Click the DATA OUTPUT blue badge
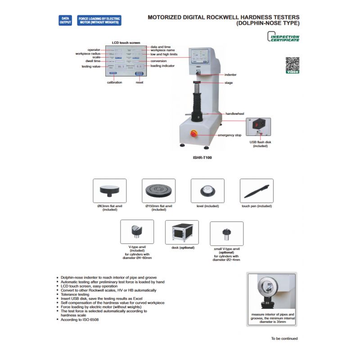point(65,20)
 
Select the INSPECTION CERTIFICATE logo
point(283,37)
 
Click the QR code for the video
point(292,63)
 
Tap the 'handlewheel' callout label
point(234,114)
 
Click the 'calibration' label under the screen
point(114,83)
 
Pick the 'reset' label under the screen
point(139,83)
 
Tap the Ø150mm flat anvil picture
point(158,191)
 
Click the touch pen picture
point(256,191)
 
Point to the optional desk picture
point(182,232)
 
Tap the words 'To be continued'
point(284,338)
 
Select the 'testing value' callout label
point(91,66)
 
